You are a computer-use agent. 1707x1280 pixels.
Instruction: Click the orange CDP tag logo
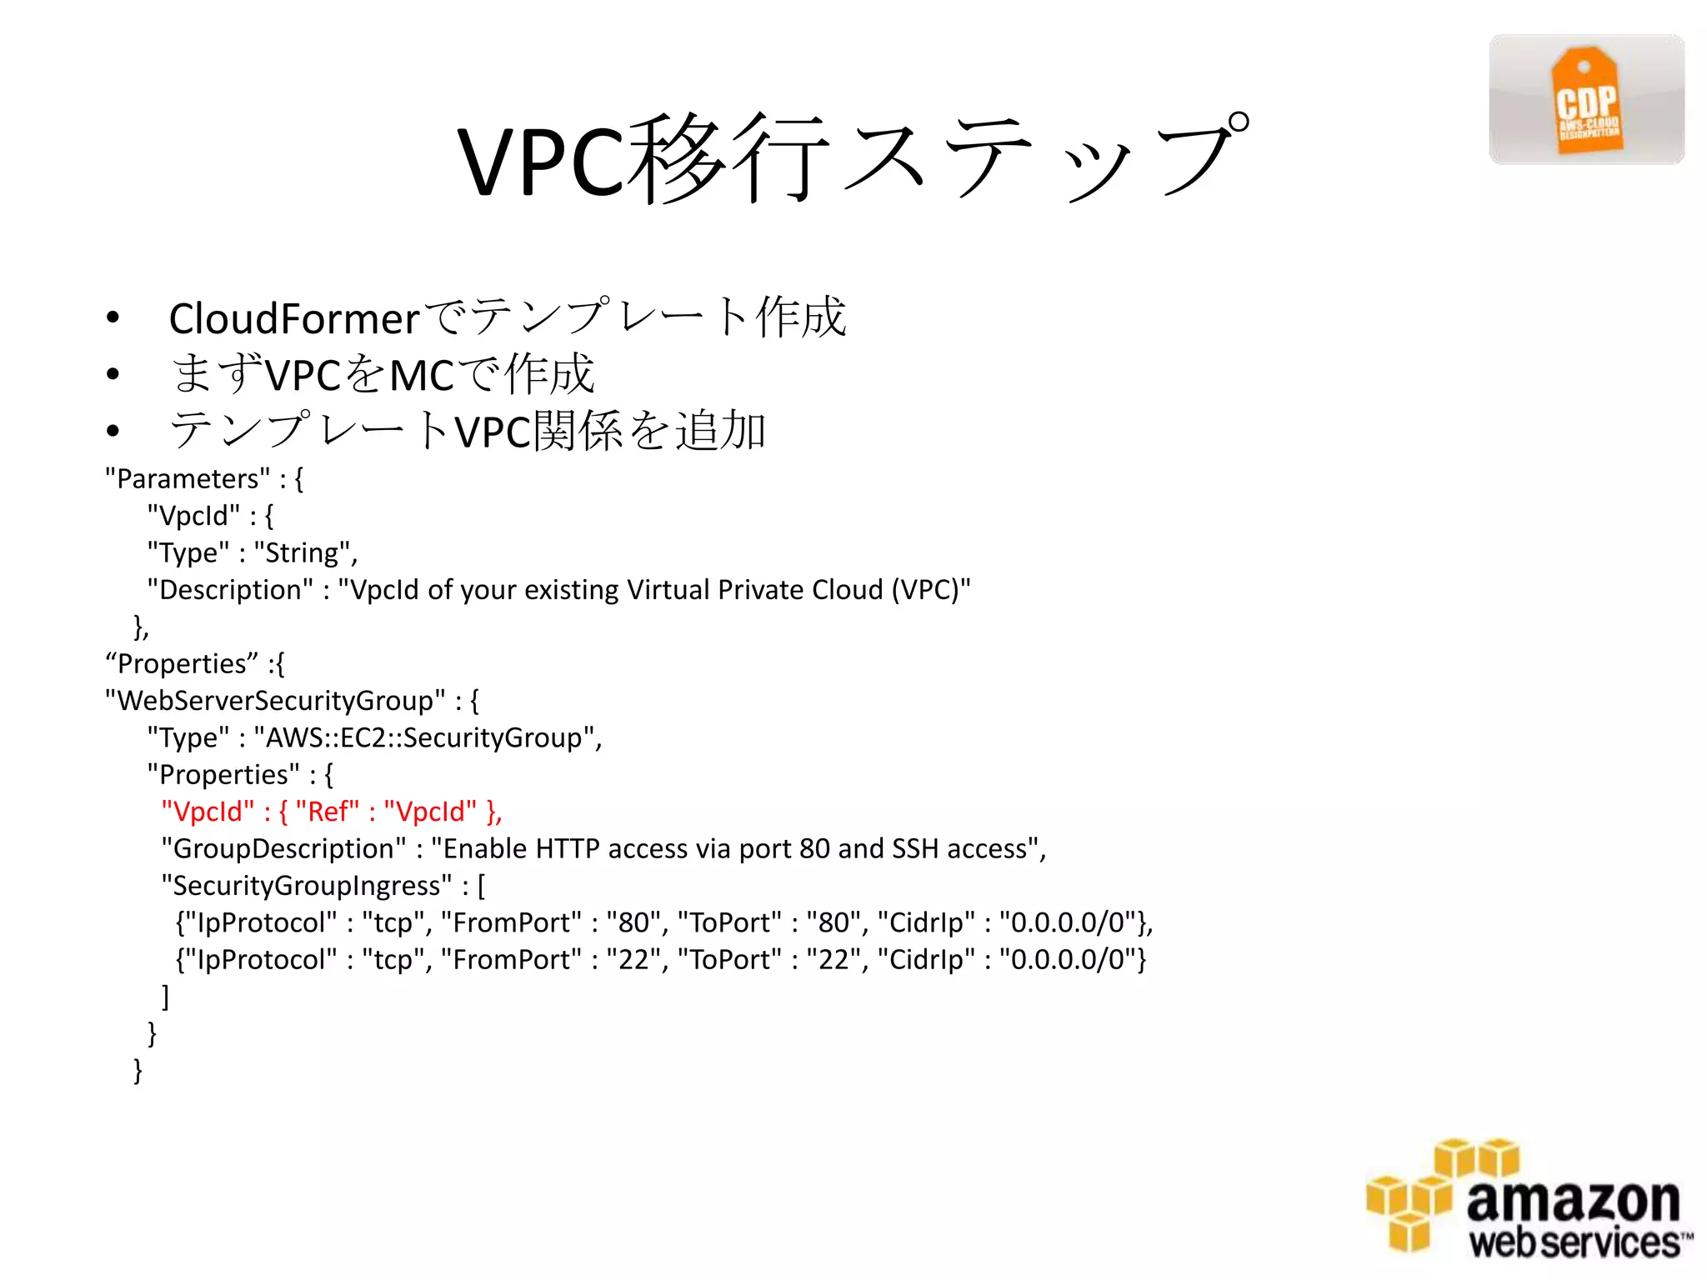(x=1586, y=101)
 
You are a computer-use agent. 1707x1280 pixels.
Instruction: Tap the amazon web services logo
(x=1528, y=1197)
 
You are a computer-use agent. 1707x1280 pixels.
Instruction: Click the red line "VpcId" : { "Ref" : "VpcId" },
(x=331, y=812)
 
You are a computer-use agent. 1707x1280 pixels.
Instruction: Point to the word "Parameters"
(x=188, y=479)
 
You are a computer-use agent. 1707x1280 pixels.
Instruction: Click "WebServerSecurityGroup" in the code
(x=274, y=701)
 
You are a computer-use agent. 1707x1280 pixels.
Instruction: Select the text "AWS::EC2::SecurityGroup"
(x=425, y=738)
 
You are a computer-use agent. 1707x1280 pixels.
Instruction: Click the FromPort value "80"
(x=633, y=923)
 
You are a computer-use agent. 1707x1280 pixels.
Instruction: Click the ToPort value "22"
(x=833, y=960)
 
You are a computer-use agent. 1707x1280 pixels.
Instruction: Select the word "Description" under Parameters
(x=230, y=590)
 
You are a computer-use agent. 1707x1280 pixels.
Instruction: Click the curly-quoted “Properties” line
(x=195, y=664)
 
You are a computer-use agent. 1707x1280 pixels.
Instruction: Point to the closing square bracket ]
(x=165, y=997)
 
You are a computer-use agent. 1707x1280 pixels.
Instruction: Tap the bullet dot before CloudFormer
(x=113, y=318)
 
